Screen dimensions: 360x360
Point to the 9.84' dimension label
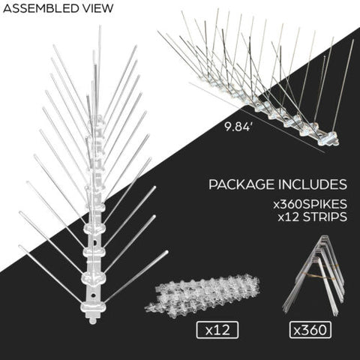tap(237, 127)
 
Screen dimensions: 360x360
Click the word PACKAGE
tap(241, 184)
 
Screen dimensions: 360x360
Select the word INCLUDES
tap(313, 184)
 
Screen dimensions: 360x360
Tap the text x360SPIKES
tap(310, 204)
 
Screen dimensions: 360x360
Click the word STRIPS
tap(325, 217)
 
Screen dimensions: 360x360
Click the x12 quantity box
tap(217, 330)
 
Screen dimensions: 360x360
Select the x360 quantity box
tap(310, 330)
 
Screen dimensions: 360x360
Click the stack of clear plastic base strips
tap(202, 292)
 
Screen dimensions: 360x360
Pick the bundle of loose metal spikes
tap(316, 275)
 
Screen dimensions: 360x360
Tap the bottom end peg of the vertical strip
tap(92, 319)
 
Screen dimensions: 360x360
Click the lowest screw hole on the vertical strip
tap(93, 295)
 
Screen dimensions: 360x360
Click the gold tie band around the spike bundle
tap(318, 274)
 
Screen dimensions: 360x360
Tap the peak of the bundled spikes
tap(324, 236)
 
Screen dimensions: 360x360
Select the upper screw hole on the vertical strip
tap(95, 242)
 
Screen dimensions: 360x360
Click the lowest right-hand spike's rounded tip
tap(166, 252)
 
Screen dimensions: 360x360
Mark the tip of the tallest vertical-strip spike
tap(100, 26)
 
